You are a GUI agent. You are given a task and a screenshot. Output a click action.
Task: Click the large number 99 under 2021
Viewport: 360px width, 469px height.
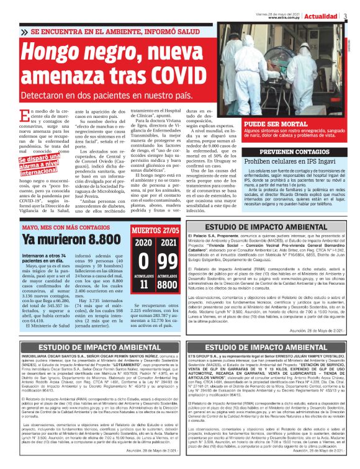[167, 260]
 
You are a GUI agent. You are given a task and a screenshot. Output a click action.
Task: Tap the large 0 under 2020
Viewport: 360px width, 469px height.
[143, 260]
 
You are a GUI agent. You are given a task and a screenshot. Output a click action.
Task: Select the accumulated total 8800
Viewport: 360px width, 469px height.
[167, 285]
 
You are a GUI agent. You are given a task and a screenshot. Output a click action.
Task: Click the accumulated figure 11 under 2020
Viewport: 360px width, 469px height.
[143, 285]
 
